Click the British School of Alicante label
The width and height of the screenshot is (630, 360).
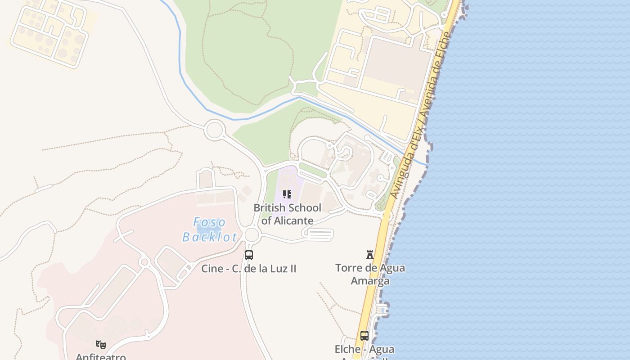coord(287,214)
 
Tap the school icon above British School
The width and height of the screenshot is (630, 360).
coord(287,194)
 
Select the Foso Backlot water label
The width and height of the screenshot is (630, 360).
coord(209,229)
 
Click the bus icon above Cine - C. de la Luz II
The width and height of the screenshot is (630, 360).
coord(248,255)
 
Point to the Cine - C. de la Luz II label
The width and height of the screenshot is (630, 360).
coord(248,269)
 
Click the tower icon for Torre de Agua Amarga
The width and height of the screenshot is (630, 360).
coord(370,255)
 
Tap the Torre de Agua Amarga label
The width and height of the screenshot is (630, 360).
coord(370,274)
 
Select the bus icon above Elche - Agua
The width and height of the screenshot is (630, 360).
coord(364,336)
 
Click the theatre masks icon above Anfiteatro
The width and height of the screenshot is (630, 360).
coord(101,345)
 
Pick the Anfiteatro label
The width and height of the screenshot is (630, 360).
coord(101,357)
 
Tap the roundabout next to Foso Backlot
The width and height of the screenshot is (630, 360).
coord(252,234)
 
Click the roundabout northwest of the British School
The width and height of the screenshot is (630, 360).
coord(214,130)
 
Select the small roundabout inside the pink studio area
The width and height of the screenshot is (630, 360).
coord(144,262)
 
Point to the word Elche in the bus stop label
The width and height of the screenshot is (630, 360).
coord(347,349)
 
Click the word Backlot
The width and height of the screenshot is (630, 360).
coord(209,237)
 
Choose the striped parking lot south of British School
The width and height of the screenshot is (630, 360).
coord(319,234)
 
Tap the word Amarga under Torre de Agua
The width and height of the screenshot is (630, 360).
coord(370,281)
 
